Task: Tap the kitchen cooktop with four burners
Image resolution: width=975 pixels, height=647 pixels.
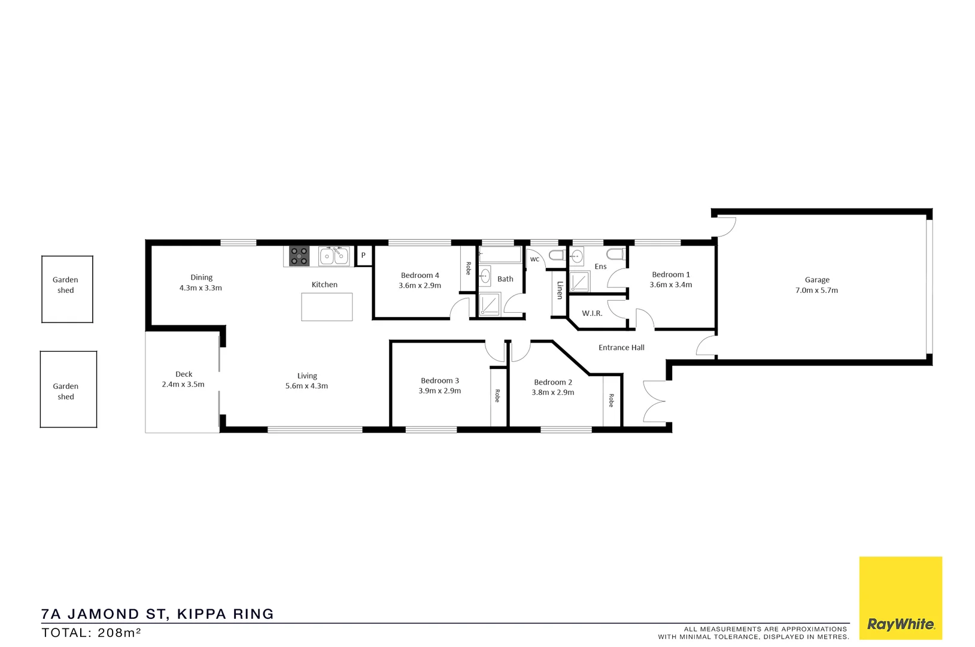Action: [x=299, y=256]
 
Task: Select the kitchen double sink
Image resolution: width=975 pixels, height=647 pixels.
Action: [x=333, y=256]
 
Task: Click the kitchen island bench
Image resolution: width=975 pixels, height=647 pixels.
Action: [x=327, y=307]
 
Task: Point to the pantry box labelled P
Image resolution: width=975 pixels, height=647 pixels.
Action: [x=363, y=256]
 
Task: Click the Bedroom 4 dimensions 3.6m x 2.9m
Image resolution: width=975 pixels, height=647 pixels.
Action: [x=420, y=286]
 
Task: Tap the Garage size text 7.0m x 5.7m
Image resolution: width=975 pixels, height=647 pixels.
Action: [x=816, y=291]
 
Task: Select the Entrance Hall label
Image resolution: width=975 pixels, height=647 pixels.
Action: [x=621, y=347]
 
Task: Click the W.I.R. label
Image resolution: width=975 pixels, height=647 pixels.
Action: [x=592, y=313]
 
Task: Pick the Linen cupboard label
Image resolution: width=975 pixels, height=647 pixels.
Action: [x=560, y=291]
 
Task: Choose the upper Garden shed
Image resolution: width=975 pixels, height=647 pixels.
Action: [x=67, y=289]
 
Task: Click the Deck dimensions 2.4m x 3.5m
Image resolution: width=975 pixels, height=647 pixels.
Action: [x=183, y=385]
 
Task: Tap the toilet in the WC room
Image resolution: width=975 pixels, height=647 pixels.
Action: [x=556, y=256]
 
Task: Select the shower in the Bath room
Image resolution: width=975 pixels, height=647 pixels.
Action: [x=489, y=305]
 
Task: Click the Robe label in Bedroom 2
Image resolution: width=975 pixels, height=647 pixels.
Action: [x=611, y=400]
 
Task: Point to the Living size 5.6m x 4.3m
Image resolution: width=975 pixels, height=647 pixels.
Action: [x=306, y=386]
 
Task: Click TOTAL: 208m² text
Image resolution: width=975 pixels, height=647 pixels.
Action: [x=91, y=633]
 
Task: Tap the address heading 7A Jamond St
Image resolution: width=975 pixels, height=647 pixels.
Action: [x=157, y=614]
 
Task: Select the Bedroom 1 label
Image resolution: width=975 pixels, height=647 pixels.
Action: [x=671, y=275]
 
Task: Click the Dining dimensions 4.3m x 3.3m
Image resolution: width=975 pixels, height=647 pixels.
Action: [x=201, y=288]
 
